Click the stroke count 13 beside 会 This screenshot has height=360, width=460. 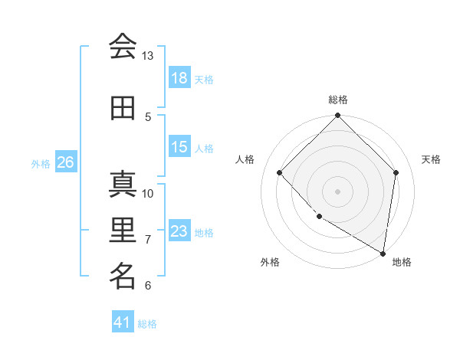[x=148, y=56]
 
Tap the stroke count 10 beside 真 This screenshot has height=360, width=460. [x=148, y=193]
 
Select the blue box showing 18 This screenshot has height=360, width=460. [x=179, y=78]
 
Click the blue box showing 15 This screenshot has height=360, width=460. [x=179, y=147]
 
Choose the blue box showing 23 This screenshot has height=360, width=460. [x=179, y=231]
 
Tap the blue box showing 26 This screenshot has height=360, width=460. [x=65, y=162]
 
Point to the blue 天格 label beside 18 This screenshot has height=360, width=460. [x=204, y=79]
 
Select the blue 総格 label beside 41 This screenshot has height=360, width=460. [x=148, y=324]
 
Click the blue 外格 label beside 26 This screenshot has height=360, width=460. [x=41, y=163]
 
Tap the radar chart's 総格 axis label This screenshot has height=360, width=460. [x=338, y=100]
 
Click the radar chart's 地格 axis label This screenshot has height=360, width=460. [x=402, y=262]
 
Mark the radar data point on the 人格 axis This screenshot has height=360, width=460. [x=280, y=172]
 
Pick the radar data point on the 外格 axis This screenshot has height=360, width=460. [x=319, y=217]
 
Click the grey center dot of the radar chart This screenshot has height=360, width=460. [x=338, y=191]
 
